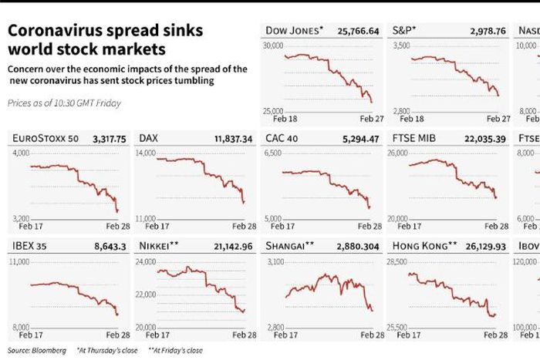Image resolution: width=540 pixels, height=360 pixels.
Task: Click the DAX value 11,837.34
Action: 231,139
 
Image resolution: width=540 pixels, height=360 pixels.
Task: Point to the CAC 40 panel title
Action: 283,139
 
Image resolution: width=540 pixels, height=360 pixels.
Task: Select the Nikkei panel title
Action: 159,247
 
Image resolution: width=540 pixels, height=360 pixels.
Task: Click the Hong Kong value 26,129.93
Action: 484,247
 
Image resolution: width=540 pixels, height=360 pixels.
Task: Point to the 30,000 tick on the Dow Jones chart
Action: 273,46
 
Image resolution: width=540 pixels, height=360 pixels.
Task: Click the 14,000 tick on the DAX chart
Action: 146,153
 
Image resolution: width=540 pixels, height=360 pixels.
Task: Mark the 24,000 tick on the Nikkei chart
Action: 146,262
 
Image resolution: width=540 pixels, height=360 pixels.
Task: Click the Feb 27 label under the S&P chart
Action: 498,119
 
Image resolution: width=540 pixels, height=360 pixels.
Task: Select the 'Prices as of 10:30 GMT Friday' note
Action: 64,103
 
